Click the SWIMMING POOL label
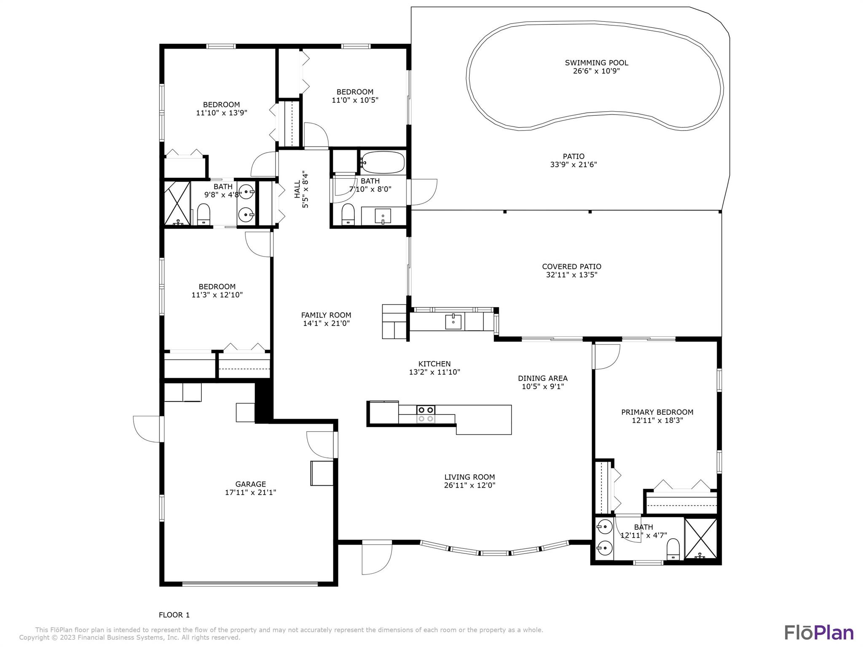pos(596,63)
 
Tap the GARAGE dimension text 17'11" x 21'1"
pos(250,492)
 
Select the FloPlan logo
pos(819,632)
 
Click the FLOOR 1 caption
pos(174,615)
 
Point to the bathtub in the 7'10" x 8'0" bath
pos(383,163)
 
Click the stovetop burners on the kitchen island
pos(426,414)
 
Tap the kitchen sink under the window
pos(453,322)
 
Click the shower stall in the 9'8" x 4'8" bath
pos(177,203)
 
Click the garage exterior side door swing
pos(147,429)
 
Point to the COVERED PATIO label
pos(571,266)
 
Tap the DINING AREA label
pos(543,378)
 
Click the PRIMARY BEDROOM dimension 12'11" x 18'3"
pos(657,420)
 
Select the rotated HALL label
pos(297,189)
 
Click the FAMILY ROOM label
pos(326,315)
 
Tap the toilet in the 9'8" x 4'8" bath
pos(204,214)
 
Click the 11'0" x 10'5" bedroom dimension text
pos(355,100)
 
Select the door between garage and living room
pos(321,444)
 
